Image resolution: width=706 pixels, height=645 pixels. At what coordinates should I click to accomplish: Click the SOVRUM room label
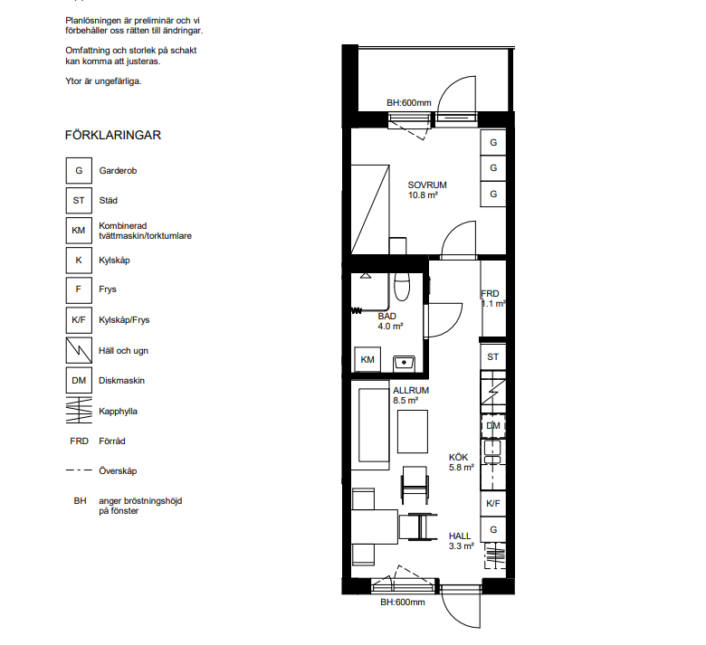(x=427, y=185)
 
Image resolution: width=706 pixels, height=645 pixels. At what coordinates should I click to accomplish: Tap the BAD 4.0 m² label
(x=390, y=321)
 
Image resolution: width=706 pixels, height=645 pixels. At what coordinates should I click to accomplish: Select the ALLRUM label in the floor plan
(x=411, y=390)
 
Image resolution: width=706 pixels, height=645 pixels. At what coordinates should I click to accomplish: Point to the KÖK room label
(x=458, y=458)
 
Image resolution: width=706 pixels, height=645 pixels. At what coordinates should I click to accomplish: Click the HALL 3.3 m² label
(x=461, y=541)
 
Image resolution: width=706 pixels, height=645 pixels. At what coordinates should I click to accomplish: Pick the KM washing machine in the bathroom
(x=367, y=359)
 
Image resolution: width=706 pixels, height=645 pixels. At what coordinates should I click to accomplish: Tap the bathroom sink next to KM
(x=404, y=364)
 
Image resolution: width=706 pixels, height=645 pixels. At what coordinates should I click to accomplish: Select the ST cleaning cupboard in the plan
(x=493, y=357)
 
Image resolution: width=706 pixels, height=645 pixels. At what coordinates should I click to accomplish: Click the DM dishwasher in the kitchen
(x=493, y=426)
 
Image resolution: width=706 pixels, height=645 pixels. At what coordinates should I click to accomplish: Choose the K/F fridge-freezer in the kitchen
(x=493, y=504)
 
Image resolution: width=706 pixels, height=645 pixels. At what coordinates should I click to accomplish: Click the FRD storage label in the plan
(x=490, y=293)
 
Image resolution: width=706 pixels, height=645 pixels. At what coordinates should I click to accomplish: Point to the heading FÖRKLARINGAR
(x=113, y=135)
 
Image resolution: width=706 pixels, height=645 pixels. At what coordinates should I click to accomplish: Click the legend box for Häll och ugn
(x=79, y=350)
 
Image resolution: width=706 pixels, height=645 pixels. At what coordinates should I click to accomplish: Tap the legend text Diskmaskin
(x=121, y=380)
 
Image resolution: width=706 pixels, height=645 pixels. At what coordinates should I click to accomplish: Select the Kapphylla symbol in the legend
(x=79, y=411)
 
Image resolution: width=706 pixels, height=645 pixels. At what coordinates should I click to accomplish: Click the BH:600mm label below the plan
(x=403, y=602)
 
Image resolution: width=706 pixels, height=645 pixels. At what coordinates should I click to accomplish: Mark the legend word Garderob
(x=118, y=171)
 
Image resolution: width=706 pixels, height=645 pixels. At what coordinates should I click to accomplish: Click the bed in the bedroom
(x=370, y=209)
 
